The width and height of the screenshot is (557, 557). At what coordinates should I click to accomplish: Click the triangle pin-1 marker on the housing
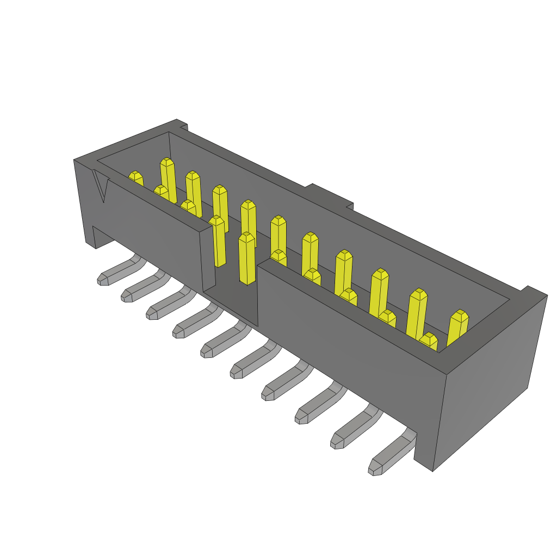click(101, 186)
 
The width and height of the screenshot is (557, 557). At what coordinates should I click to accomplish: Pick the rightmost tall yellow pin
click(458, 327)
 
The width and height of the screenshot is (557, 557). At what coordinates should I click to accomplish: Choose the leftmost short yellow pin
click(135, 179)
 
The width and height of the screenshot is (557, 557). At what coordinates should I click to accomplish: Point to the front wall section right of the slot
click(348, 337)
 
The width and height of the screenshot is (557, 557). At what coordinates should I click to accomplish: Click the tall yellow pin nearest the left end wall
click(168, 180)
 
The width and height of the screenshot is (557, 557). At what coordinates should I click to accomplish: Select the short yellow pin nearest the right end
click(429, 341)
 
